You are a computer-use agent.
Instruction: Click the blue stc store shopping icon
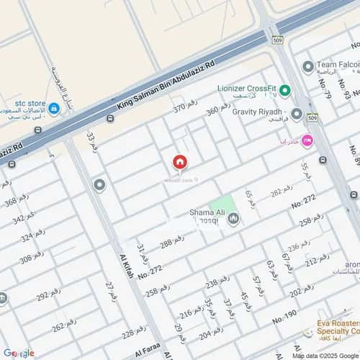point(54,109)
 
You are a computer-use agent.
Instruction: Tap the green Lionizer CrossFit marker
point(284,90)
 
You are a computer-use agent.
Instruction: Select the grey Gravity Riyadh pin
point(297,114)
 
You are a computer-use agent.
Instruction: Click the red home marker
point(179,162)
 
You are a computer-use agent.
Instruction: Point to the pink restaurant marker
point(308,140)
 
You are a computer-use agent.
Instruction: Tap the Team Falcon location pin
point(308,67)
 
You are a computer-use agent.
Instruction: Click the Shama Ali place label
point(207,212)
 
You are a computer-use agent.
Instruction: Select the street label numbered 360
point(218,109)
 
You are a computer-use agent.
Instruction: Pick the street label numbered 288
point(171,243)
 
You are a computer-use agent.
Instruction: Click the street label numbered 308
point(32,258)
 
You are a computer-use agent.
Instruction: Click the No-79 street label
point(328,88)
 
